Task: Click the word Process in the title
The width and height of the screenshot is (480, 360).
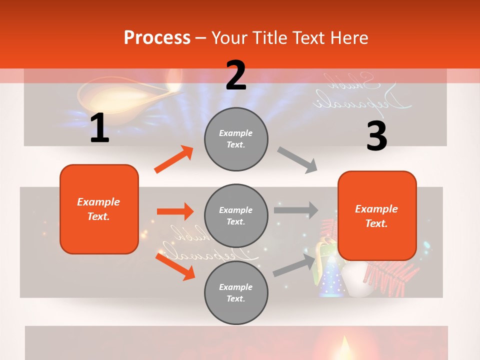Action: [157, 38]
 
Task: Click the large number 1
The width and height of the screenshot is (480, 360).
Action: [99, 128]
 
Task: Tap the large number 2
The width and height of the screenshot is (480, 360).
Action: [236, 75]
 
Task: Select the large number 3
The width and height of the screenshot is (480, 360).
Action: [376, 136]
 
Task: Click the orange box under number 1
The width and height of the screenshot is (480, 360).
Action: [99, 209]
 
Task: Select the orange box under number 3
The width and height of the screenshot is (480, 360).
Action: [377, 215]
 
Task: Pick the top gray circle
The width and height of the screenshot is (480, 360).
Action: [236, 139]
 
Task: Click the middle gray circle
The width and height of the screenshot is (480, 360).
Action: [236, 216]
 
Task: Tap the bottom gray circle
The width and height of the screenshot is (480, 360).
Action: [236, 293]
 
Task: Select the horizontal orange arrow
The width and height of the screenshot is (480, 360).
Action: [175, 211]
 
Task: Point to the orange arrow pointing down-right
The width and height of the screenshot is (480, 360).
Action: [175, 266]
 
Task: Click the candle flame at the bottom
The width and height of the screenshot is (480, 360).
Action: [344, 345]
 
